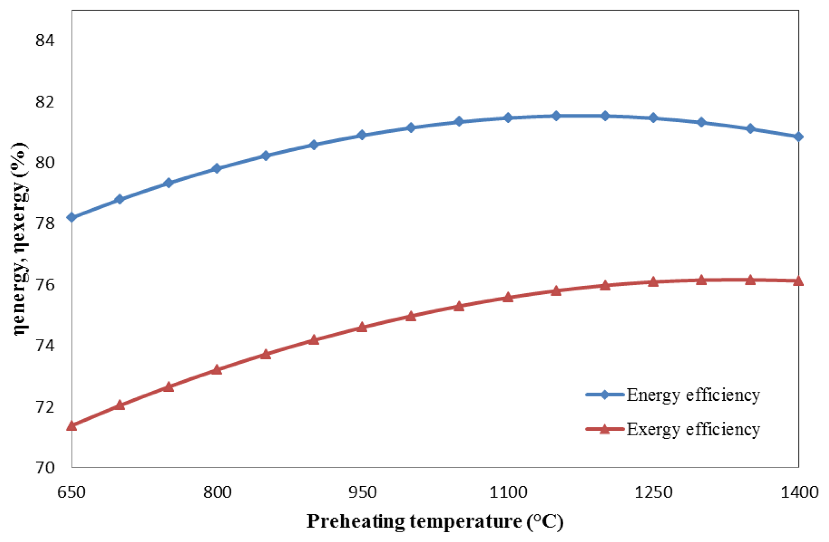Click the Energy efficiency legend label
click(x=693, y=395)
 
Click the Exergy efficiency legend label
click(x=693, y=429)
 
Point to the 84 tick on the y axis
click(x=45, y=40)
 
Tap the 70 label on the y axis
click(x=45, y=467)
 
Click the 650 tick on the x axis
click(x=71, y=493)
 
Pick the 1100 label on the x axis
click(x=508, y=493)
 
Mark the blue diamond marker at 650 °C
click(x=72, y=217)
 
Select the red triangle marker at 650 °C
click(x=72, y=426)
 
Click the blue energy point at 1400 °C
click(x=799, y=137)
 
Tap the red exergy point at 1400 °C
click(x=799, y=281)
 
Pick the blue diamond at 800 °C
click(x=217, y=169)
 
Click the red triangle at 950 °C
click(x=362, y=327)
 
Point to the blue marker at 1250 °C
click(x=653, y=118)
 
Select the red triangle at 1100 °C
click(x=508, y=297)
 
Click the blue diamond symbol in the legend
click(x=604, y=395)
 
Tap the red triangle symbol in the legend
click(x=604, y=429)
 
